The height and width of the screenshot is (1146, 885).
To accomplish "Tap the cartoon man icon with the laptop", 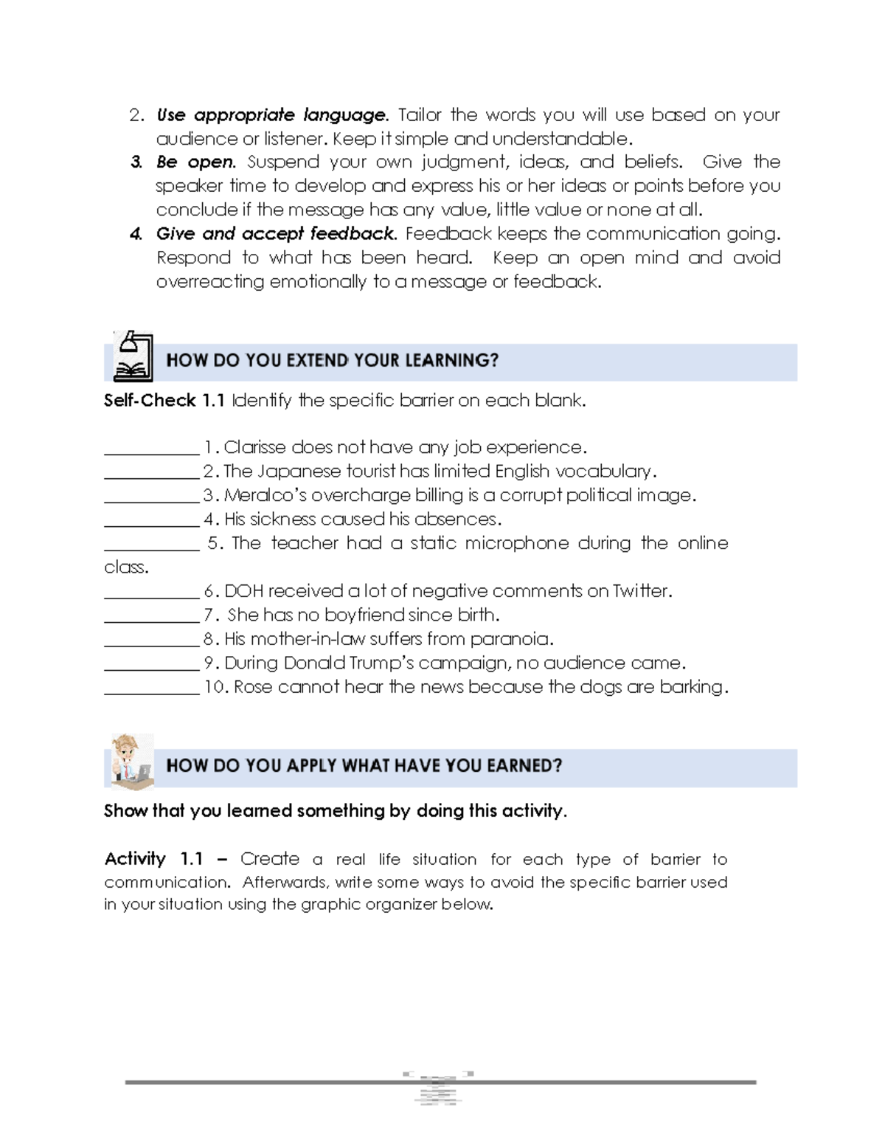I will click(x=131, y=761).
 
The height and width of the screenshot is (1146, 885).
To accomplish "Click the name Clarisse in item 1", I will click(x=255, y=447).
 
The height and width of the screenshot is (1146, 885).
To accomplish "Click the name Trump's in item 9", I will click(x=383, y=663).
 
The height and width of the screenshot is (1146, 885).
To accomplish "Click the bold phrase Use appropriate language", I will click(x=271, y=115).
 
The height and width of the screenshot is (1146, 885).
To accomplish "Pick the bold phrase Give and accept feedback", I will click(x=276, y=234).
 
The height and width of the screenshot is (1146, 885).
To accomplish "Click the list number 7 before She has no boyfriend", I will click(x=208, y=615).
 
